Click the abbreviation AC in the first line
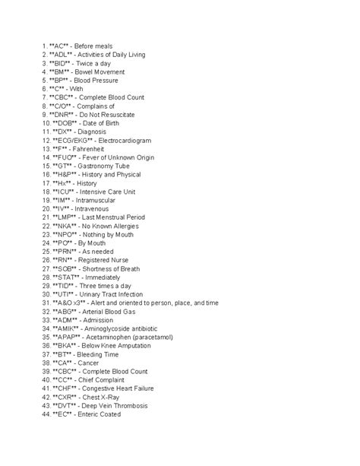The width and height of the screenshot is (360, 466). [x=62, y=46]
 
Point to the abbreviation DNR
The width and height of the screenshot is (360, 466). [x=69, y=113]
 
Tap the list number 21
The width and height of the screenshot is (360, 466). [x=46, y=217]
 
